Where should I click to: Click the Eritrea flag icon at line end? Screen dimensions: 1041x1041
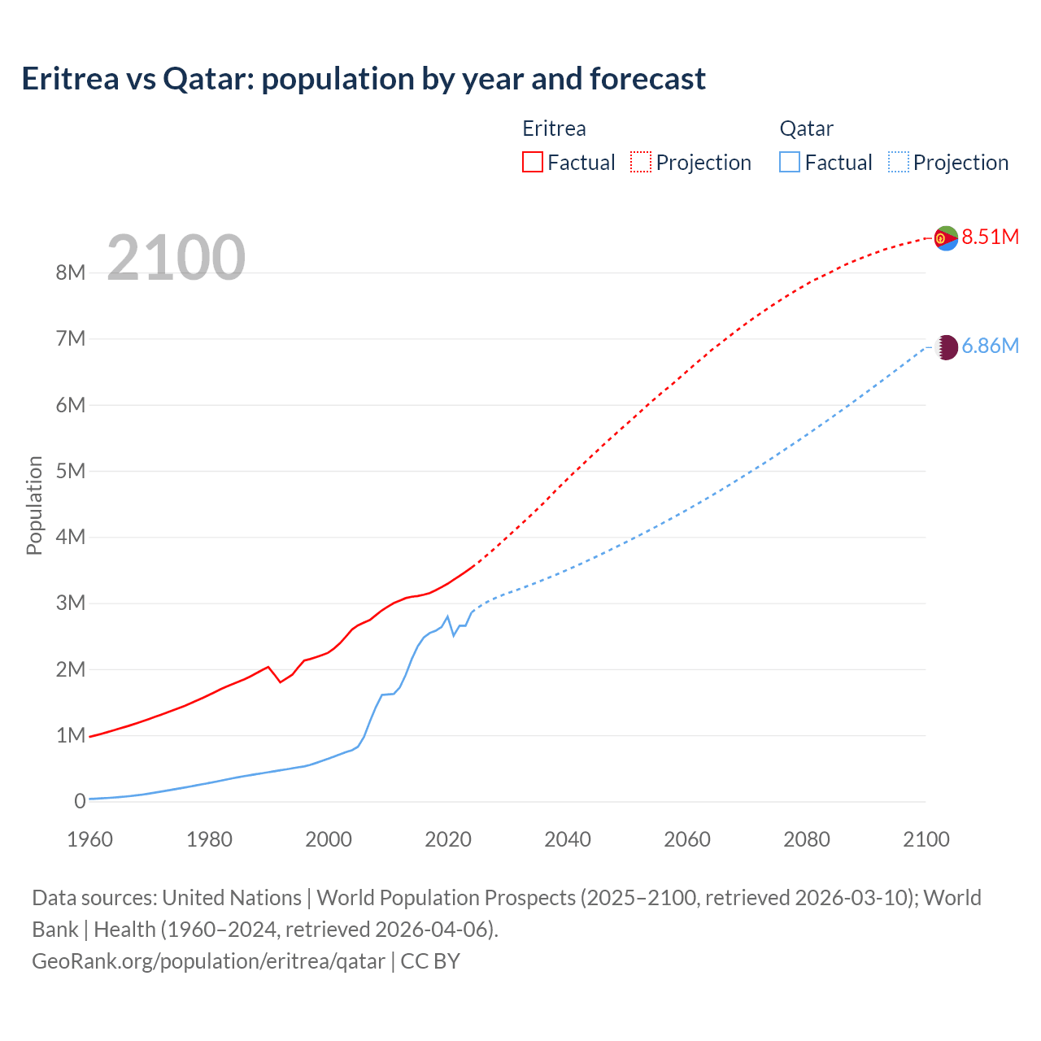946,238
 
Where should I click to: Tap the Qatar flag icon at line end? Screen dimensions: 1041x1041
946,347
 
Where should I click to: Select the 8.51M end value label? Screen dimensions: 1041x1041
990,237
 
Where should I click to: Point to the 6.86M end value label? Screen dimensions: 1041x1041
990,346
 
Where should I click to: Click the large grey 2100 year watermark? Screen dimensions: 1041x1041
176,258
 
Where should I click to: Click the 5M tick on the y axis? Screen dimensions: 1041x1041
71,471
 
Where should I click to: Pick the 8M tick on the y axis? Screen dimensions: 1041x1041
71,272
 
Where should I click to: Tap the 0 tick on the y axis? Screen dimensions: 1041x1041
80,802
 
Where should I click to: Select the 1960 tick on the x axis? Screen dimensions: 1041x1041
89,839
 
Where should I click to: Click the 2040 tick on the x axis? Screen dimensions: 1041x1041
568,839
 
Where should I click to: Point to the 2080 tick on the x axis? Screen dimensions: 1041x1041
807,839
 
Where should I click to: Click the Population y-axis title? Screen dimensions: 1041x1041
34,505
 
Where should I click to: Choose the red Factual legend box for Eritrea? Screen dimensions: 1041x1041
532,162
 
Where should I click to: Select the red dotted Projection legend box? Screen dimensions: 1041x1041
641,162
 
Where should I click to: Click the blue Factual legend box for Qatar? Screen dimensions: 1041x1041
790,162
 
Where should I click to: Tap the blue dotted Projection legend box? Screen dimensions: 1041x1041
899,162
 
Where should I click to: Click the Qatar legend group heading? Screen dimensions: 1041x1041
806,128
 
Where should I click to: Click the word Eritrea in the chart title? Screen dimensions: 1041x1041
70,79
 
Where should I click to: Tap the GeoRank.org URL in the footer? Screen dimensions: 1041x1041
208,960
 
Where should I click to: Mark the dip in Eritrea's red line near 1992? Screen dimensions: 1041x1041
281,682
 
